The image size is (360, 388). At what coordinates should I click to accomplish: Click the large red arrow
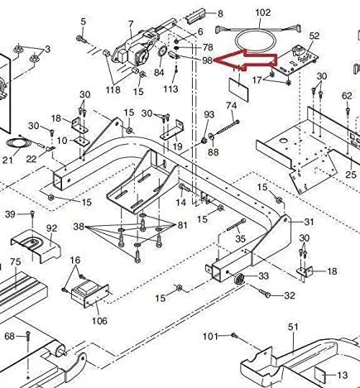pyautogui.click(x=246, y=60)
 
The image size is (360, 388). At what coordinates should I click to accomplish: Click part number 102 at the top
pyautogui.click(x=263, y=12)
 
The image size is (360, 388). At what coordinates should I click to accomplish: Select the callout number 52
pyautogui.click(x=314, y=36)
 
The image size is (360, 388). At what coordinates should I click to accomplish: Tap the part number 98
pyautogui.click(x=207, y=60)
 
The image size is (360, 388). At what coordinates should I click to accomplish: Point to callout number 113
pyautogui.click(x=170, y=89)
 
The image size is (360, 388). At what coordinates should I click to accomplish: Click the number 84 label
pyautogui.click(x=159, y=73)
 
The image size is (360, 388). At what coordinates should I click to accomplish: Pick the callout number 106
pyautogui.click(x=99, y=321)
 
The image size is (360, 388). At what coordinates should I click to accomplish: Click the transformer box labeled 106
pyautogui.click(x=89, y=295)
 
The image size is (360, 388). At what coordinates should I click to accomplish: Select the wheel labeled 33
pyautogui.click(x=239, y=279)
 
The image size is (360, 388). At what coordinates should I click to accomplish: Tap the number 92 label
pyautogui.click(x=51, y=228)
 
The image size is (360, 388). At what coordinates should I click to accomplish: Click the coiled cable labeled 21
pyautogui.click(x=15, y=145)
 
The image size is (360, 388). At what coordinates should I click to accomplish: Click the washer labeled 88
pyautogui.click(x=212, y=137)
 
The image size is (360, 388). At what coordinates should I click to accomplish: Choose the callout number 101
pyautogui.click(x=210, y=337)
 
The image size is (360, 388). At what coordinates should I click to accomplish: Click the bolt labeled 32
pyautogui.click(x=264, y=293)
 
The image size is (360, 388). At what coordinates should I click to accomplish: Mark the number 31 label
pyautogui.click(x=309, y=222)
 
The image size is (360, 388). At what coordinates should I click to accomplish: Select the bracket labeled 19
pyautogui.click(x=172, y=131)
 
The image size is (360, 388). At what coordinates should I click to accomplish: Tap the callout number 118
pyautogui.click(x=113, y=89)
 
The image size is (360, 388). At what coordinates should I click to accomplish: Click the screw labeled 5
pyautogui.click(x=82, y=39)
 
